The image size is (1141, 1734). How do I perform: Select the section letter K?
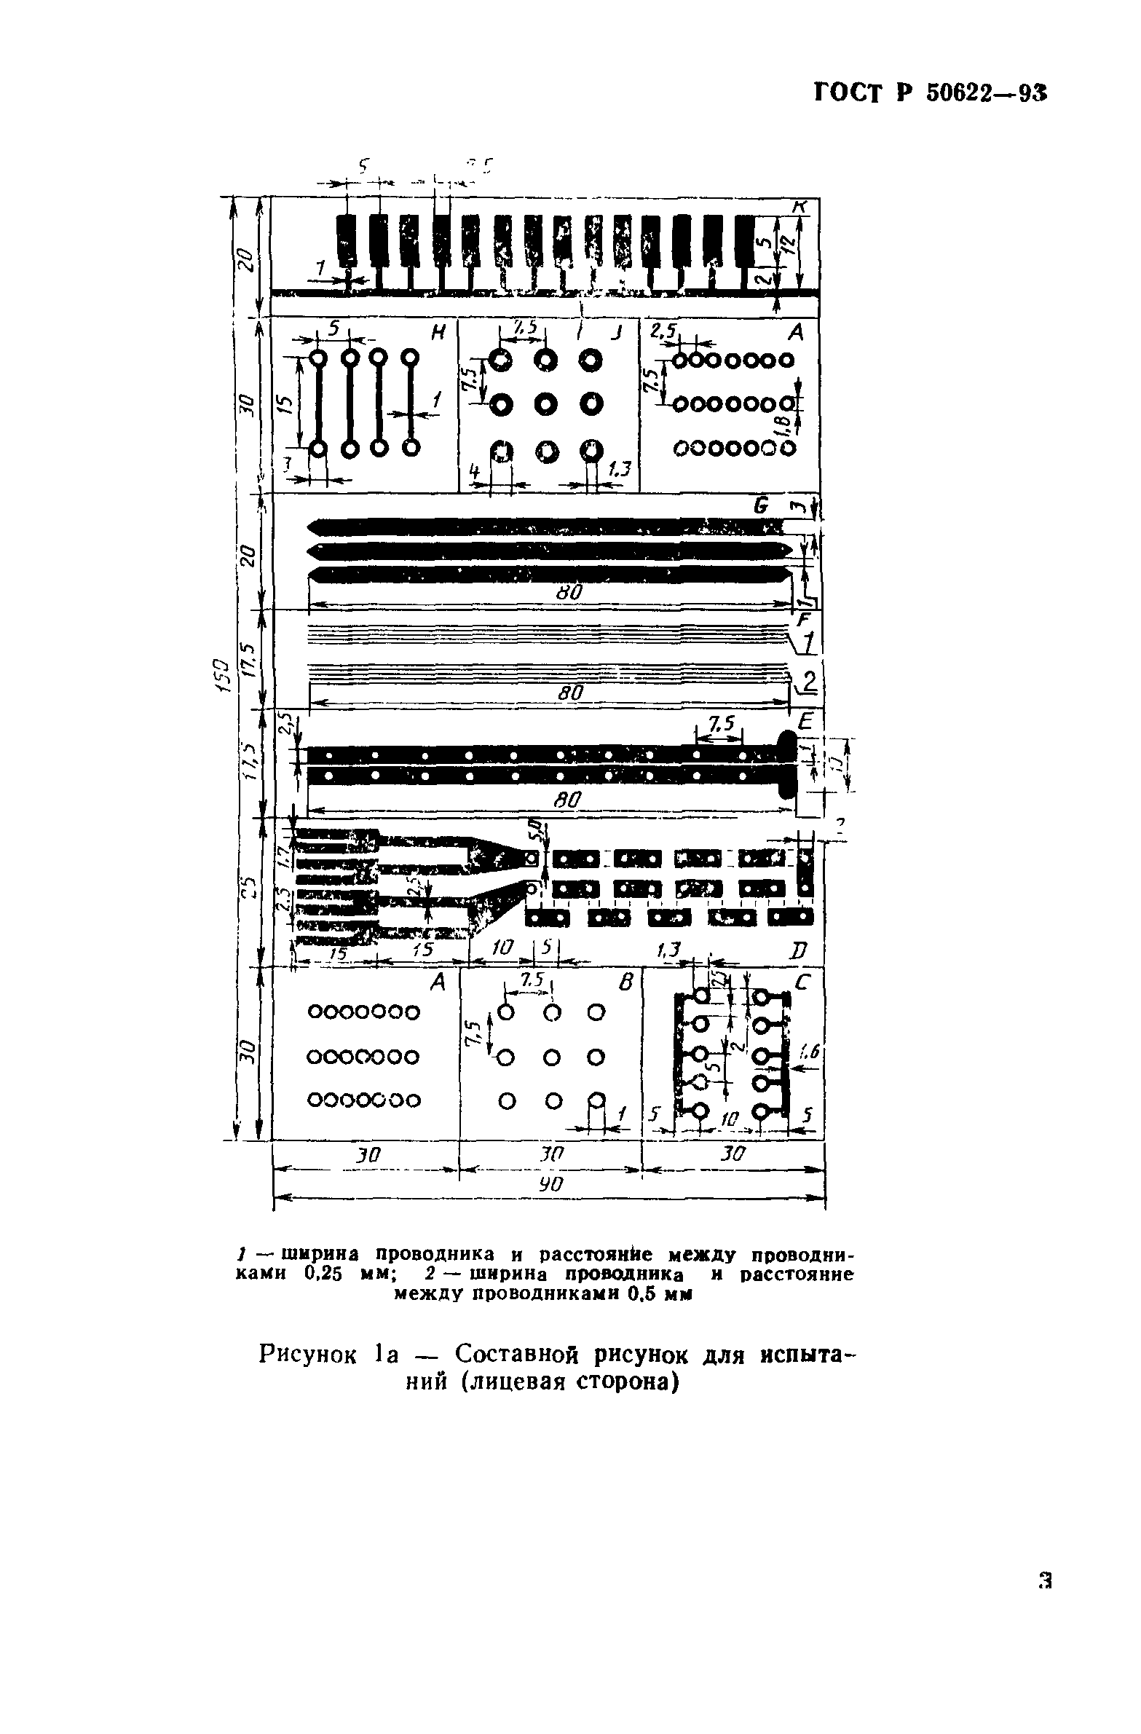800,207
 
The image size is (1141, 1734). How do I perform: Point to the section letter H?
438,332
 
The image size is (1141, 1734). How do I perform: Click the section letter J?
617,333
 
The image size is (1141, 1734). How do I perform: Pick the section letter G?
762,505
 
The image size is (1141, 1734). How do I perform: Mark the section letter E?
805,721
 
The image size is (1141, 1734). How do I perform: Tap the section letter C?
805,983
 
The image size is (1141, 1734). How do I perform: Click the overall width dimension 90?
550,1184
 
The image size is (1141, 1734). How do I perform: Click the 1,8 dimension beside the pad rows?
786,421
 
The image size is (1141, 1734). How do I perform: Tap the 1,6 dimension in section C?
810,1051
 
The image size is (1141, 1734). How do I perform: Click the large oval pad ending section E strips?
788,764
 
